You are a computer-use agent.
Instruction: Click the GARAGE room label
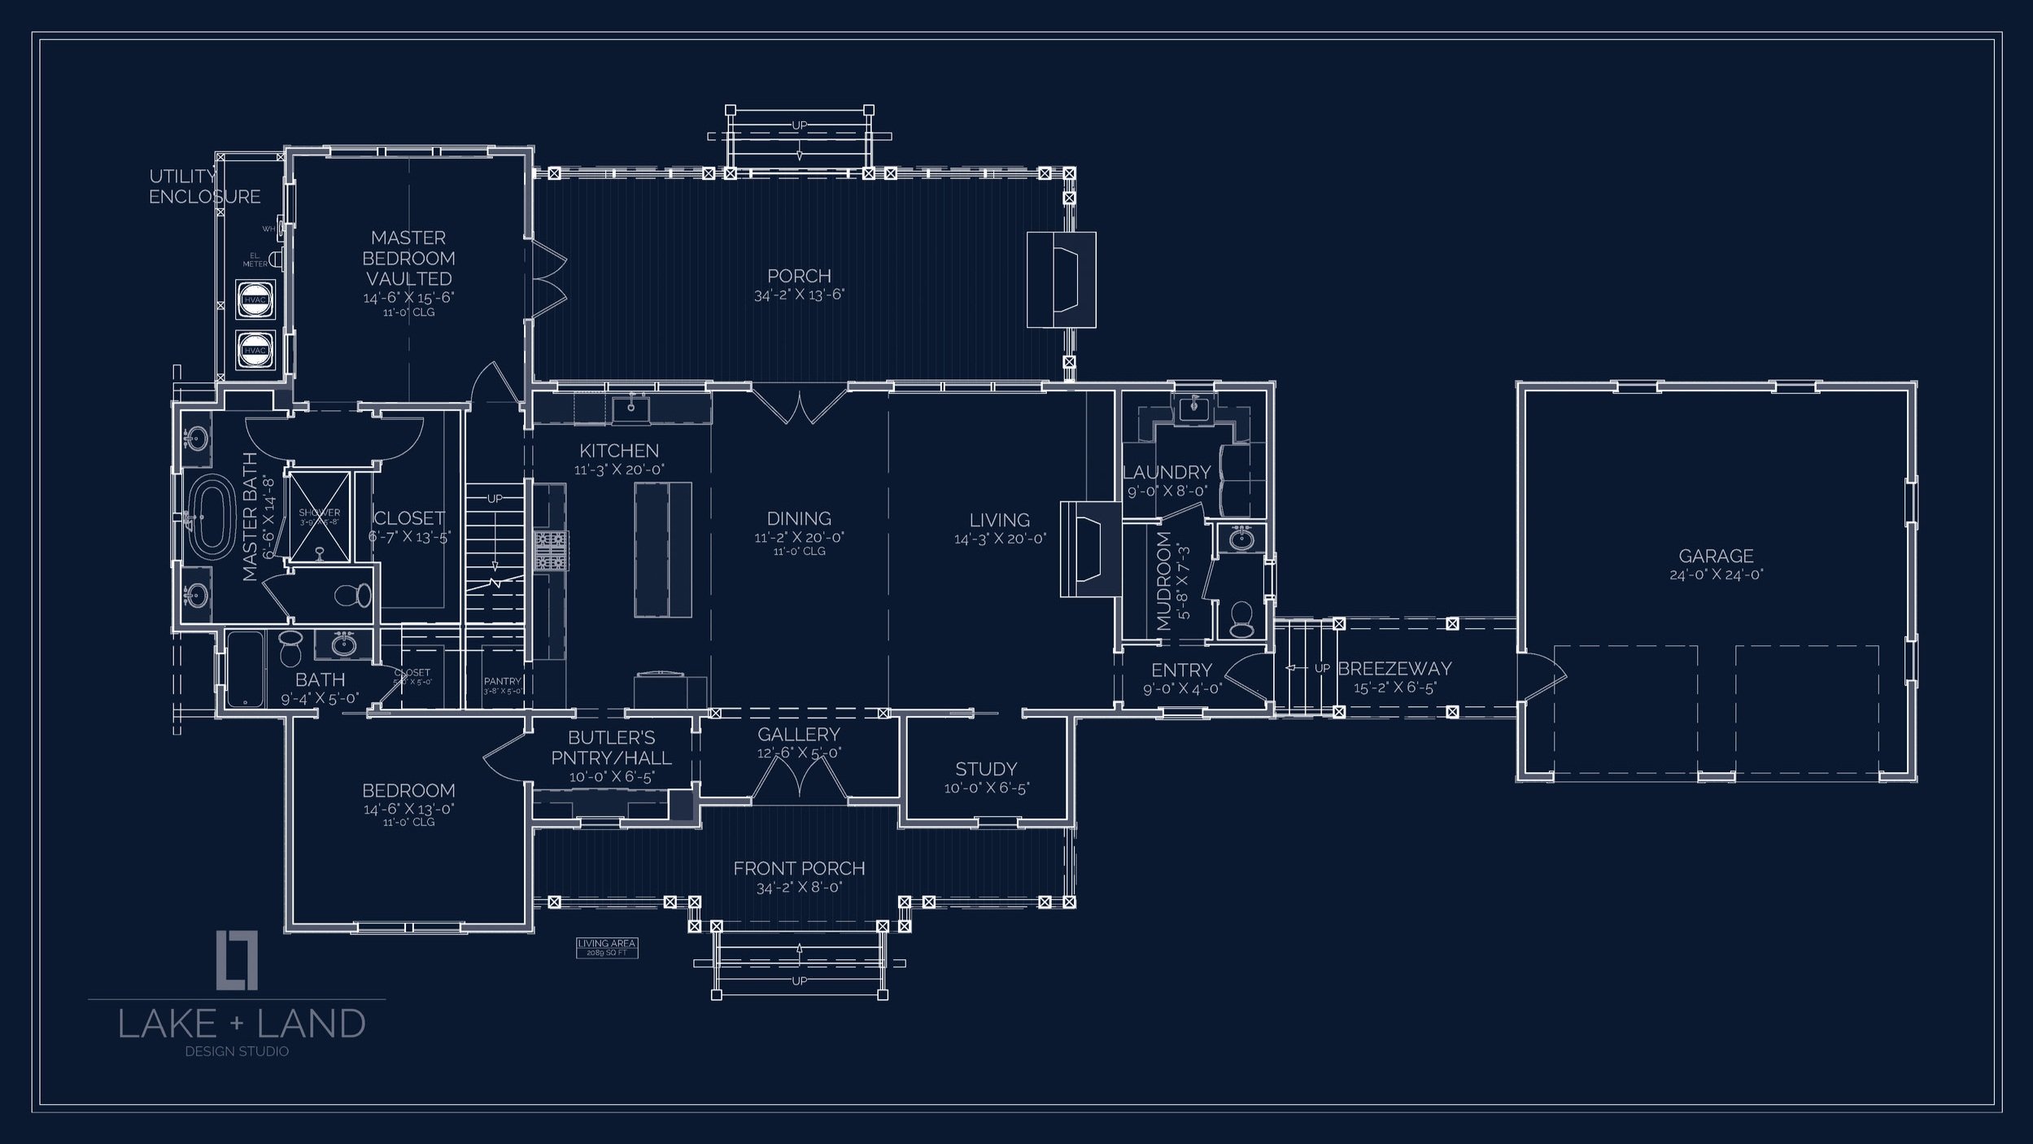click(1716, 557)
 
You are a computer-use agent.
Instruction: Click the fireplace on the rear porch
click(1061, 280)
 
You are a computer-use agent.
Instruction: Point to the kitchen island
click(663, 549)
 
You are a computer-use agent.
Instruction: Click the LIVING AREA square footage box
click(607, 948)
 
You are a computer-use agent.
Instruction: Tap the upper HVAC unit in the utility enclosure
click(255, 299)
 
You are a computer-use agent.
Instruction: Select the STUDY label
click(986, 769)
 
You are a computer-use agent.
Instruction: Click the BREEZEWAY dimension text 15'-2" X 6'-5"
click(1394, 688)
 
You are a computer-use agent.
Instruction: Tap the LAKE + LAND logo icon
click(237, 960)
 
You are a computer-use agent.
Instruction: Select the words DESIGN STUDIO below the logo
click(237, 1051)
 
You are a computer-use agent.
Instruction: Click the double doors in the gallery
click(800, 782)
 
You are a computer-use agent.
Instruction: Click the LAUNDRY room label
click(1167, 472)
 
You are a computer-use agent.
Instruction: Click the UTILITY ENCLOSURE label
click(204, 187)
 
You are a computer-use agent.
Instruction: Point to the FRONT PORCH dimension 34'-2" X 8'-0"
click(799, 887)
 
